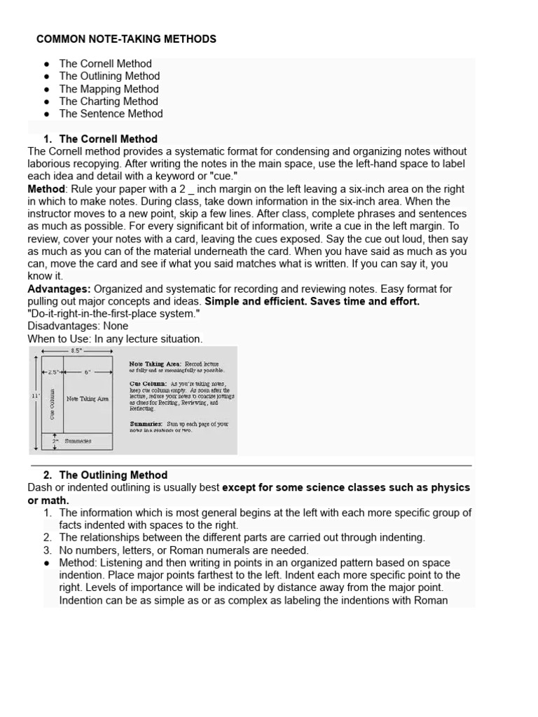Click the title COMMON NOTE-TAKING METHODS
click(x=126, y=39)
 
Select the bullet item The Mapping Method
click(x=109, y=89)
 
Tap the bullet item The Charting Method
click(x=109, y=102)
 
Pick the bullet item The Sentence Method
click(x=111, y=113)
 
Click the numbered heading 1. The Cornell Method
click(x=108, y=139)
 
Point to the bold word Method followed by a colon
click(x=46, y=189)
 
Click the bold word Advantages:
click(x=59, y=289)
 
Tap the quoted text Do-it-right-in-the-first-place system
click(x=113, y=314)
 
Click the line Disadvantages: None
click(x=78, y=326)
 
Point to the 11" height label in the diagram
click(x=36, y=396)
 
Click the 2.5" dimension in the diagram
click(x=53, y=373)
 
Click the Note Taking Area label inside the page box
click(x=88, y=398)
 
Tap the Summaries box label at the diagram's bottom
click(x=78, y=441)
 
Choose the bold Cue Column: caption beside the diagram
click(x=148, y=384)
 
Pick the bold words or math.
click(x=48, y=500)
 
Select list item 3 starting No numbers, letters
click(x=184, y=550)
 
